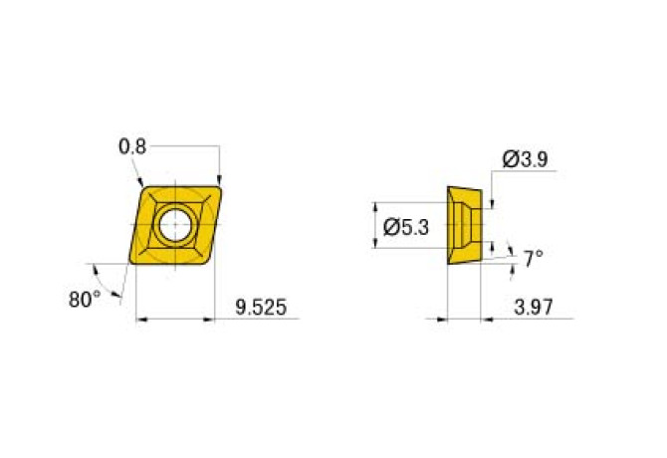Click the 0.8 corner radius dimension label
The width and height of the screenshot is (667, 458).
(132, 146)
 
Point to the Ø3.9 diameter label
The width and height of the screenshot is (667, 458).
(527, 158)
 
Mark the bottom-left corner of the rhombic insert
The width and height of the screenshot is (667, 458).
(131, 263)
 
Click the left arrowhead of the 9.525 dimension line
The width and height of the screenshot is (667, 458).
(140, 320)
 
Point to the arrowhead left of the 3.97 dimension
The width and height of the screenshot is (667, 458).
(441, 320)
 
